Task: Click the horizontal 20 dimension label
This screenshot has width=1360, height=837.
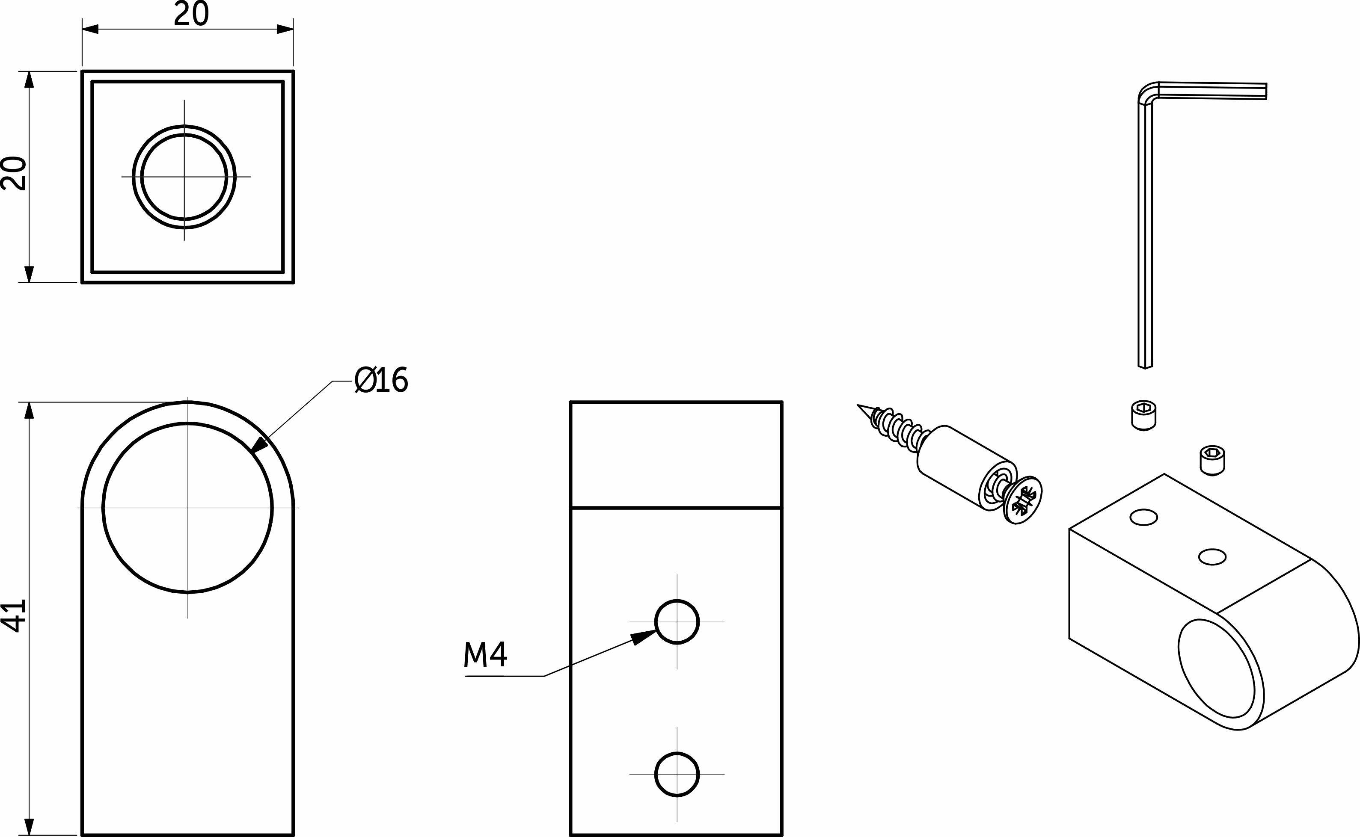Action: coord(191,15)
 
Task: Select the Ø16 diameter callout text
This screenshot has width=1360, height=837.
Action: coord(381,380)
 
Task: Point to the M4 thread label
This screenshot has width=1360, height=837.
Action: coord(485,655)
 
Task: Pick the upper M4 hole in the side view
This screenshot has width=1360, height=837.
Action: coord(677,622)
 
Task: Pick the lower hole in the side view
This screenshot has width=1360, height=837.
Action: coord(677,774)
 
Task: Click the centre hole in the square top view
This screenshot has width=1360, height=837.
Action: coord(184,177)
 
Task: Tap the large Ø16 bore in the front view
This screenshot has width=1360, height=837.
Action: coord(187,508)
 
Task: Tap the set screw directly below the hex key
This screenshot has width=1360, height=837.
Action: coord(1143,416)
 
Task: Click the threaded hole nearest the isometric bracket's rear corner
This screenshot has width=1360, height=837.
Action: coord(1144,518)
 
